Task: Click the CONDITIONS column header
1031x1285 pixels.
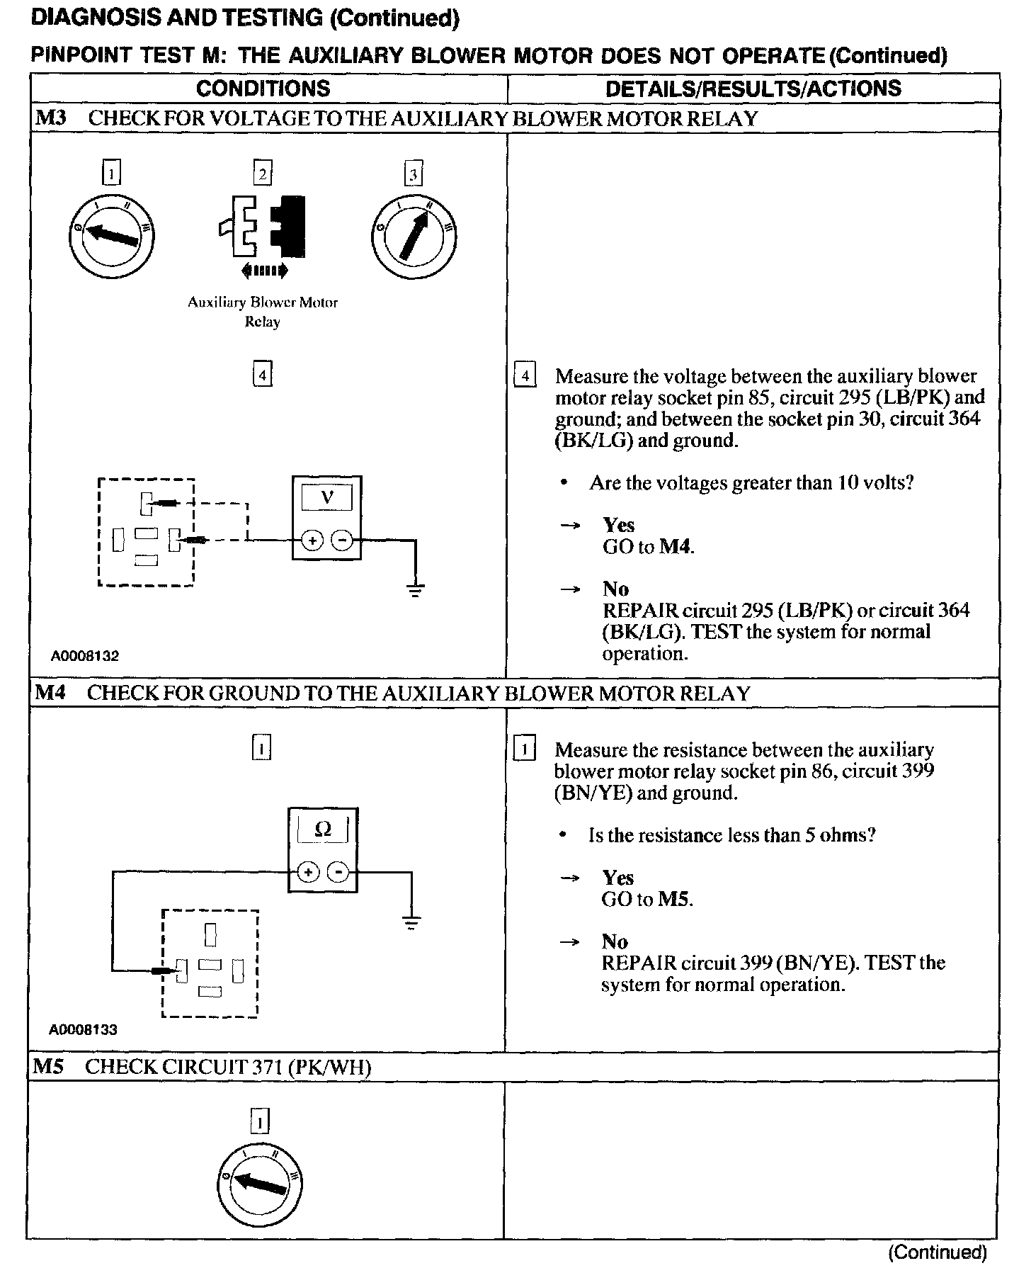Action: click(263, 89)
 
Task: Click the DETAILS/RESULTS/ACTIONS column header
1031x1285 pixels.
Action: click(753, 89)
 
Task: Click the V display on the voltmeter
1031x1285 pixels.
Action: click(327, 497)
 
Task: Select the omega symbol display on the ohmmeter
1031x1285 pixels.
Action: click(323, 829)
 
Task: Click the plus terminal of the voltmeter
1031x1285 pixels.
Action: click(312, 540)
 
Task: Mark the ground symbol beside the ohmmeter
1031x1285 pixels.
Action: click(411, 922)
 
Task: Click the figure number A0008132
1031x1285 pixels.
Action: click(84, 656)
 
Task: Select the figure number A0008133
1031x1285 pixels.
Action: click(83, 1030)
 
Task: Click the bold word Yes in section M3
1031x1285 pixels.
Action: click(619, 525)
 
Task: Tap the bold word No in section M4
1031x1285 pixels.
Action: click(615, 941)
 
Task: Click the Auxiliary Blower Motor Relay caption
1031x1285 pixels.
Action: click(263, 312)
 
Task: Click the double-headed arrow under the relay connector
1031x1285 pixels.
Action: click(264, 270)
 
